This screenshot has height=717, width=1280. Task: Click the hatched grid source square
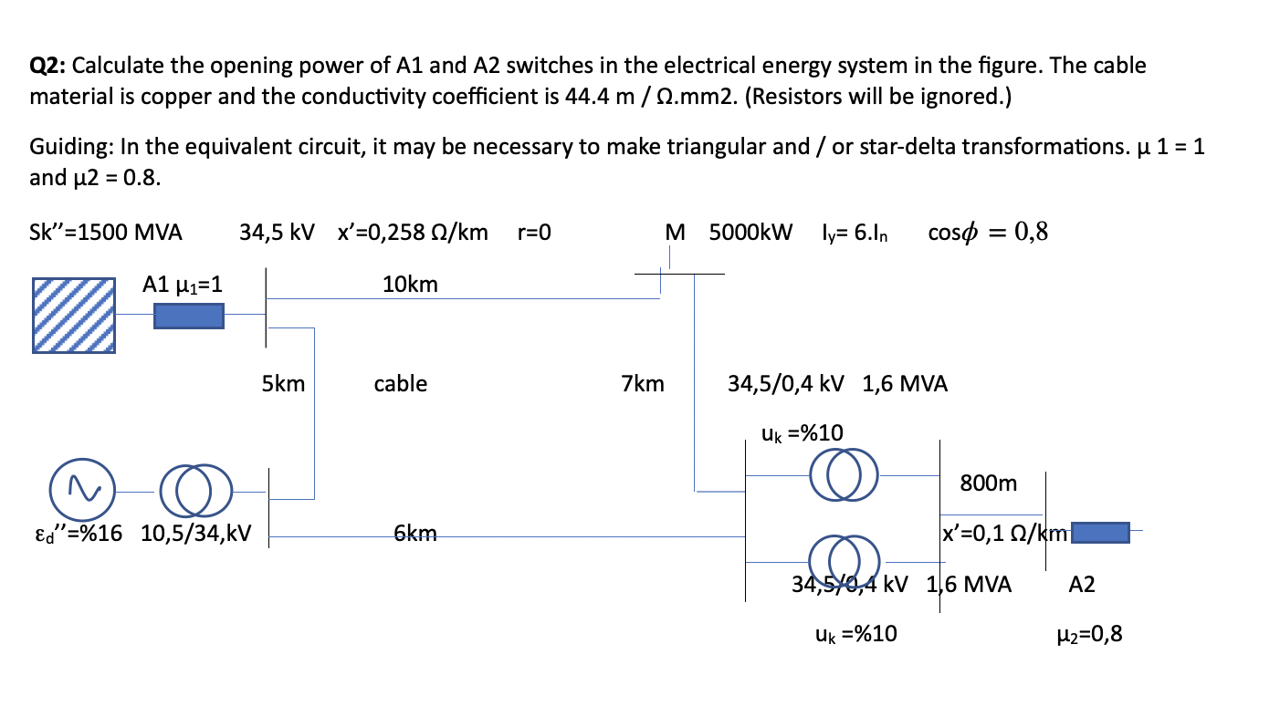[74, 316]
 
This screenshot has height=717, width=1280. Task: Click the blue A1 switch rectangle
[188, 316]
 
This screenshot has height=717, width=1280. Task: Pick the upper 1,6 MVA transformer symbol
[845, 474]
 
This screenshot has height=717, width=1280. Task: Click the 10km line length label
[410, 285]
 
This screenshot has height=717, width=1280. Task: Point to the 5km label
[283, 384]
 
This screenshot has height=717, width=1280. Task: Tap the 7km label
[643, 384]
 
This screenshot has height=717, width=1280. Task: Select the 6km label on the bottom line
[414, 533]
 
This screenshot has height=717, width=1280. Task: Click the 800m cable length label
[988, 483]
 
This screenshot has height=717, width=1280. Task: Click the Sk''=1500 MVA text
[106, 232]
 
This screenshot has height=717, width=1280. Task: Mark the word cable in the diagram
[400, 384]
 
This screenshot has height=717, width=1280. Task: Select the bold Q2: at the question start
[47, 66]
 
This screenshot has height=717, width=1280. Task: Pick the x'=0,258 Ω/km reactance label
[413, 232]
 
